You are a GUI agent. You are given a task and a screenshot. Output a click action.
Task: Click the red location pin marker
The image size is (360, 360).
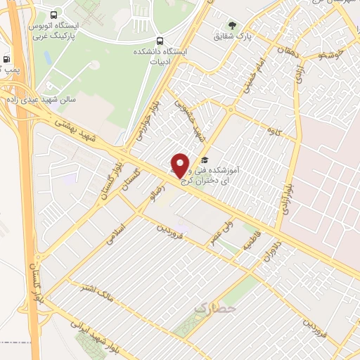point(181,165)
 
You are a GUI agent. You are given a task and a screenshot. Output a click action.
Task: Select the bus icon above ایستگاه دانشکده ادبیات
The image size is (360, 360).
point(160,41)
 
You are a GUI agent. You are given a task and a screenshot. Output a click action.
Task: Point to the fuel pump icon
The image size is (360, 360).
point(6,60)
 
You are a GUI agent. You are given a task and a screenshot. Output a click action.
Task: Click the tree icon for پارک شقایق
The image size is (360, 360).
point(231,26)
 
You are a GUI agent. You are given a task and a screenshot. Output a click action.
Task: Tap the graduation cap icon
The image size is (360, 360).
point(204,160)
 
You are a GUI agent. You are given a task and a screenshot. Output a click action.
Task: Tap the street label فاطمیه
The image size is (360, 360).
point(252,241)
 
